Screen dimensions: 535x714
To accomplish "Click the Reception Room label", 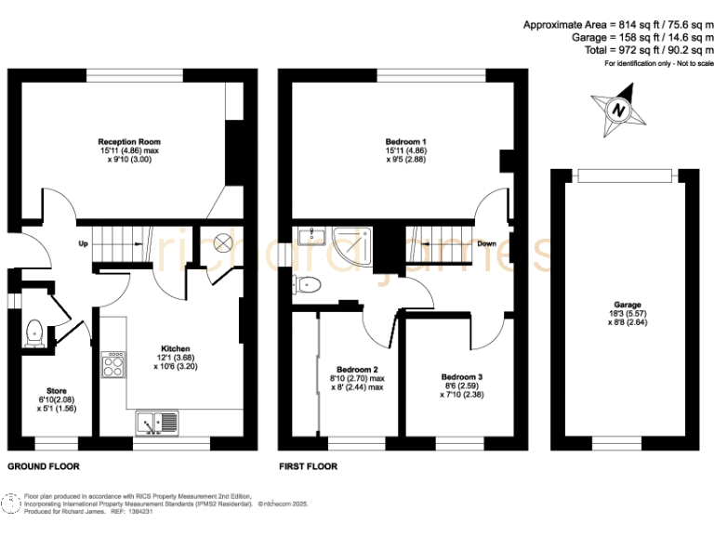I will click(123, 142).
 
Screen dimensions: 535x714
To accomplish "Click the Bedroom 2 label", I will click(357, 369).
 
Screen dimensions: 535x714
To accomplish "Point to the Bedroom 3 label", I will click(462, 377).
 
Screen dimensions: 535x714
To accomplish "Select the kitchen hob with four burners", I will click(112, 363).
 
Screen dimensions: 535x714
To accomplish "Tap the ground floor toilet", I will click(35, 332).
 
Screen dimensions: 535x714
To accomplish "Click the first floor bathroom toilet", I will click(310, 283).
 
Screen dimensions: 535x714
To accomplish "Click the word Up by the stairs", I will click(83, 245).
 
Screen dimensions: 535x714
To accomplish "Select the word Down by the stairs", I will click(485, 244).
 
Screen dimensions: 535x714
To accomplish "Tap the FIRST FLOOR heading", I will click(309, 466).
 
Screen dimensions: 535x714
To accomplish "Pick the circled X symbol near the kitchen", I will click(223, 242).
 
